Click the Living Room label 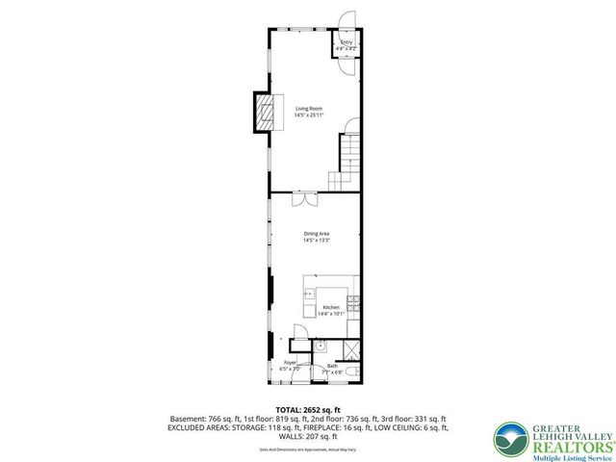point(308,112)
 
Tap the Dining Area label point(317,236)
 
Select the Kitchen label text point(331,310)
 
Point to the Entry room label point(346,44)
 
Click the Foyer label point(290,365)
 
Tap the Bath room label point(333,368)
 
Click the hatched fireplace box point(264,112)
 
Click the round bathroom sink point(323,347)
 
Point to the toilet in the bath point(354,370)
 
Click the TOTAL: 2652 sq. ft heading point(308,410)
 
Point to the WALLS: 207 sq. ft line point(308,437)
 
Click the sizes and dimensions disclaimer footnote point(308,449)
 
